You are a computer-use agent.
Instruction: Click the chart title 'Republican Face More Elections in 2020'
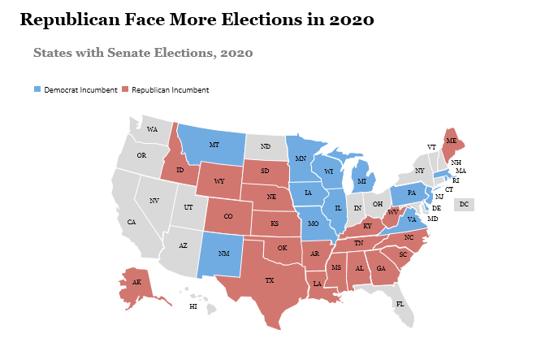tap(197, 20)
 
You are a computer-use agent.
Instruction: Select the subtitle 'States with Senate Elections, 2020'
tap(144, 53)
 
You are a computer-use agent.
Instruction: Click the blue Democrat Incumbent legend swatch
tap(37, 89)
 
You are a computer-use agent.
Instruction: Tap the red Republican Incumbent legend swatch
tap(125, 89)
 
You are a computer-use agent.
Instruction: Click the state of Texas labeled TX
tap(270, 280)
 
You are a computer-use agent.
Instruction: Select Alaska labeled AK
tap(136, 282)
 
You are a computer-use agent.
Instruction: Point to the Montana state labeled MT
tap(214, 145)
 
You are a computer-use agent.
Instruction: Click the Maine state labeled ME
tap(451, 141)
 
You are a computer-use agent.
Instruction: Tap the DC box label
tap(464, 204)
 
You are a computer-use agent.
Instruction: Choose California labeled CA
tap(132, 222)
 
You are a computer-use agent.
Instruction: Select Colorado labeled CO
tap(227, 217)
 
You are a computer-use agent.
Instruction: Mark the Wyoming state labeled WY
tap(219, 181)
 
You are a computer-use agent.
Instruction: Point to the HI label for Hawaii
tap(193, 306)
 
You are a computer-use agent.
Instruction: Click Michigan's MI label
tap(361, 180)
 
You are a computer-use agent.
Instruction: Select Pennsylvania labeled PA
tap(412, 193)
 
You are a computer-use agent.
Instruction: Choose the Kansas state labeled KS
tap(275, 223)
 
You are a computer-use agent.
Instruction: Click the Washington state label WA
tap(152, 130)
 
